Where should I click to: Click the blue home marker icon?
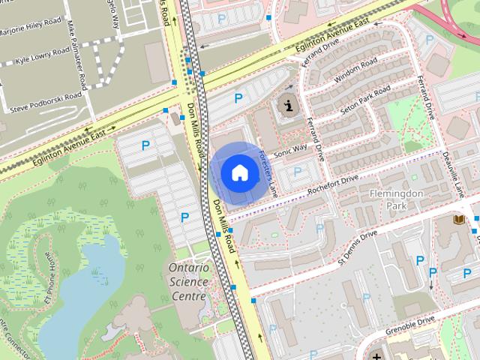[x=239, y=172]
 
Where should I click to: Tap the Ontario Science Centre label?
[x=187, y=281]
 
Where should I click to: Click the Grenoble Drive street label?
[x=411, y=324]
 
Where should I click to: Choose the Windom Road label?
[x=355, y=73]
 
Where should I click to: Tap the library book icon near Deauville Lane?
[x=457, y=220]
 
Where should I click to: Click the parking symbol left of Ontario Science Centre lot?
[x=184, y=217]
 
